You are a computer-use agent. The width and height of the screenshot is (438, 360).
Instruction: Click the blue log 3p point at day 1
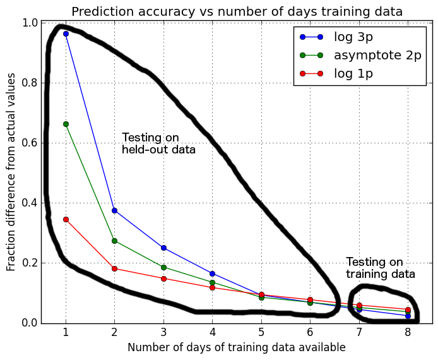[66, 33]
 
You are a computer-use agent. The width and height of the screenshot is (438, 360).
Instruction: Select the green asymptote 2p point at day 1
[66, 124]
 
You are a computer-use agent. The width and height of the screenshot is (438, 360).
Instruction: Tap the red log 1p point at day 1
[66, 219]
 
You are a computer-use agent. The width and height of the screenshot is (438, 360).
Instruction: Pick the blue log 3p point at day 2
[114, 210]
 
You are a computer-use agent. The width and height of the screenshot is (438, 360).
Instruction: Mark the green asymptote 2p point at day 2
[114, 241]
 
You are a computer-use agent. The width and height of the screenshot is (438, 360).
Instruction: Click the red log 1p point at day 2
[114, 268]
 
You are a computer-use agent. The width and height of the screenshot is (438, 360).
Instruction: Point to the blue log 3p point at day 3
[163, 248]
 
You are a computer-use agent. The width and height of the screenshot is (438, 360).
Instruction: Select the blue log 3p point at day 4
[212, 273]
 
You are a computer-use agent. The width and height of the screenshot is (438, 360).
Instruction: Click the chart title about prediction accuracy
[237, 11]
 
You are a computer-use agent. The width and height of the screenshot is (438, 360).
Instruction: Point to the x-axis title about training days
[237, 347]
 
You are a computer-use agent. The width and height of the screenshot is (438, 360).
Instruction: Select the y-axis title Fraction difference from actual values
[11, 171]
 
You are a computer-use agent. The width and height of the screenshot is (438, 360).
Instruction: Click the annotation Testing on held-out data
[158, 143]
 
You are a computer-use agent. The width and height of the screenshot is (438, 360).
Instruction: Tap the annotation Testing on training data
[381, 268]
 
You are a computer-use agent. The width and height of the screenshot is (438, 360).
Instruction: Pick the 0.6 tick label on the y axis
[28, 143]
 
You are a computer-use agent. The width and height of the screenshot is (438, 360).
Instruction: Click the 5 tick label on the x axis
[261, 333]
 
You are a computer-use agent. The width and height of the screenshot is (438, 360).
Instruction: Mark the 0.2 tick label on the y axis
[28, 263]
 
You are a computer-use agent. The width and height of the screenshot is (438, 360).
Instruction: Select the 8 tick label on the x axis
[408, 333]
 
